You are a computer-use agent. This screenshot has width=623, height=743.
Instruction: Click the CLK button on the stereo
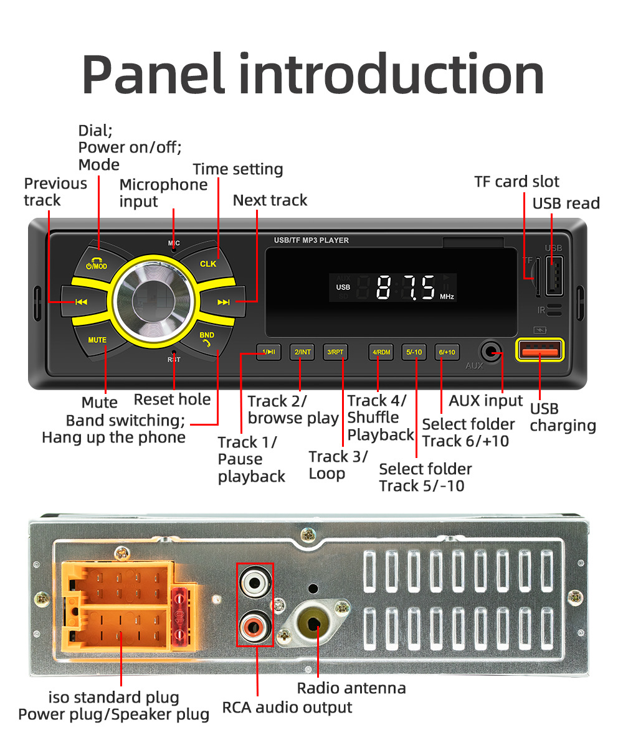click(208, 264)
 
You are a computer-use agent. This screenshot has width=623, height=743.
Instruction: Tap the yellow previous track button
click(81, 302)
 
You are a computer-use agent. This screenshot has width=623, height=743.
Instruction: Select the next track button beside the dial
click(223, 302)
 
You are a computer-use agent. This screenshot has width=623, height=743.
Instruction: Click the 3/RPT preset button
click(335, 352)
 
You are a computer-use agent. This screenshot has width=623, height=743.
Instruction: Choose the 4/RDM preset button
click(381, 352)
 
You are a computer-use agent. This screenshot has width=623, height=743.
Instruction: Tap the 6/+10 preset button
click(447, 352)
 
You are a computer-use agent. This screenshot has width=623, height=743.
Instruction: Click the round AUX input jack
click(493, 352)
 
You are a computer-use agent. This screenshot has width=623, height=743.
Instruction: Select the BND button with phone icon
click(207, 339)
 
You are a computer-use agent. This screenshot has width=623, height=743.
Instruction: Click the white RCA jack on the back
click(255, 583)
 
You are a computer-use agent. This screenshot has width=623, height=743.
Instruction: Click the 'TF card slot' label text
click(516, 182)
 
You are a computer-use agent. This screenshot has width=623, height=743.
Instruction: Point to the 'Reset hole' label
click(172, 400)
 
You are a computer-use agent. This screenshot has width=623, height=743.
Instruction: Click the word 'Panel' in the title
click(153, 75)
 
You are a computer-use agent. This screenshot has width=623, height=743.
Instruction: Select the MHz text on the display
click(447, 297)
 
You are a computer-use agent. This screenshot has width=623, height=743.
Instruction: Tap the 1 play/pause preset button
click(269, 352)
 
